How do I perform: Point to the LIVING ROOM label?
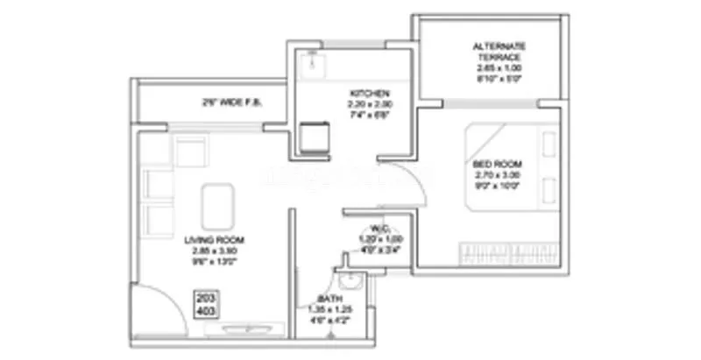point(214,239)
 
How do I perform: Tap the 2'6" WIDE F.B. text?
point(232,102)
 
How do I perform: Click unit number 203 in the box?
point(206,299)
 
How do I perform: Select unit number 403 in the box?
point(206,310)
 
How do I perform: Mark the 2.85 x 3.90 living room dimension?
point(214,251)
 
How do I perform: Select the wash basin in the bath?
point(349,281)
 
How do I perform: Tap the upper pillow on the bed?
point(549,144)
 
